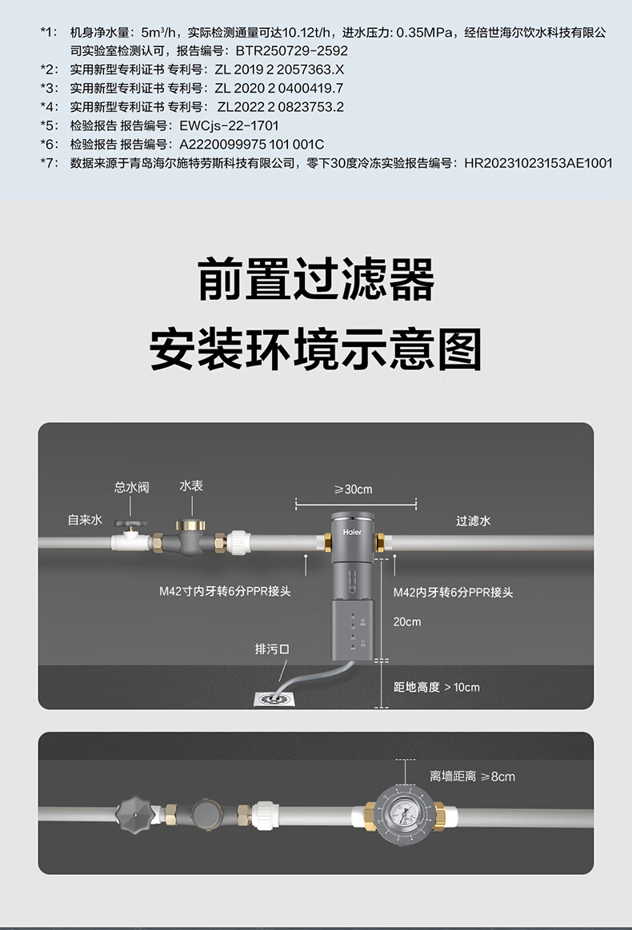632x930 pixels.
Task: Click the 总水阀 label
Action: point(131,487)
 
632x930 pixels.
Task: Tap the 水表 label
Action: point(191,485)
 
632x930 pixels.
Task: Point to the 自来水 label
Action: point(85,520)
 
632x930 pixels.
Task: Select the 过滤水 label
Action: point(474,521)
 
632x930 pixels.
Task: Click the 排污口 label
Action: point(272,649)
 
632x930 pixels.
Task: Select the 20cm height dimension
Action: point(407,621)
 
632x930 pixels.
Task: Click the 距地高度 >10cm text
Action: point(437,687)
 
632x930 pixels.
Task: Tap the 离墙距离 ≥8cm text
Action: point(472,776)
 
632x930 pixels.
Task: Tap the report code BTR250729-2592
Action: point(292,50)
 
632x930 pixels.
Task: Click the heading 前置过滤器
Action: point(316,279)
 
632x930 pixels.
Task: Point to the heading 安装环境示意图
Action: point(316,349)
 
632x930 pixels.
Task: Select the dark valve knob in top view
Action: point(134,812)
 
